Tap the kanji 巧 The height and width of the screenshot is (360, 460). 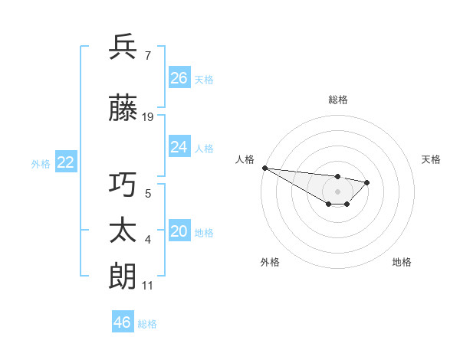click(x=123, y=185)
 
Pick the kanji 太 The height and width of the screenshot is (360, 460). click(x=123, y=230)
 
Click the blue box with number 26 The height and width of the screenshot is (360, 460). click(x=179, y=77)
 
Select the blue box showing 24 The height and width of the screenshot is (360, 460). click(x=179, y=146)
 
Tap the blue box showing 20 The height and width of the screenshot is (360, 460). click(x=179, y=231)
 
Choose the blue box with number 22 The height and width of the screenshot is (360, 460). click(x=65, y=162)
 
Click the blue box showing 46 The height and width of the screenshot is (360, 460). click(x=123, y=322)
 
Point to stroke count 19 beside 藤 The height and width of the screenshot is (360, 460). click(x=148, y=117)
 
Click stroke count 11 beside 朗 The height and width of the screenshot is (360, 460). click(x=147, y=286)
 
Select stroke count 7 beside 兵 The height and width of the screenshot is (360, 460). click(x=147, y=56)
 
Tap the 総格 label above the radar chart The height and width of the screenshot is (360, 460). click(x=337, y=100)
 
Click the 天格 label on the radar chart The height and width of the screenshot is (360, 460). click(x=431, y=159)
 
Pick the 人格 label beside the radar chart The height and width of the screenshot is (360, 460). click(x=245, y=159)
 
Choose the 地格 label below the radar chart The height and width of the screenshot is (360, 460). click(x=402, y=262)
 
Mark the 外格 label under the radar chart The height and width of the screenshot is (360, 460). click(x=270, y=262)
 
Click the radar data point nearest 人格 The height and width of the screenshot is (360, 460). click(x=264, y=168)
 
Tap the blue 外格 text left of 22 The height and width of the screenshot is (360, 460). click(x=41, y=163)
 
